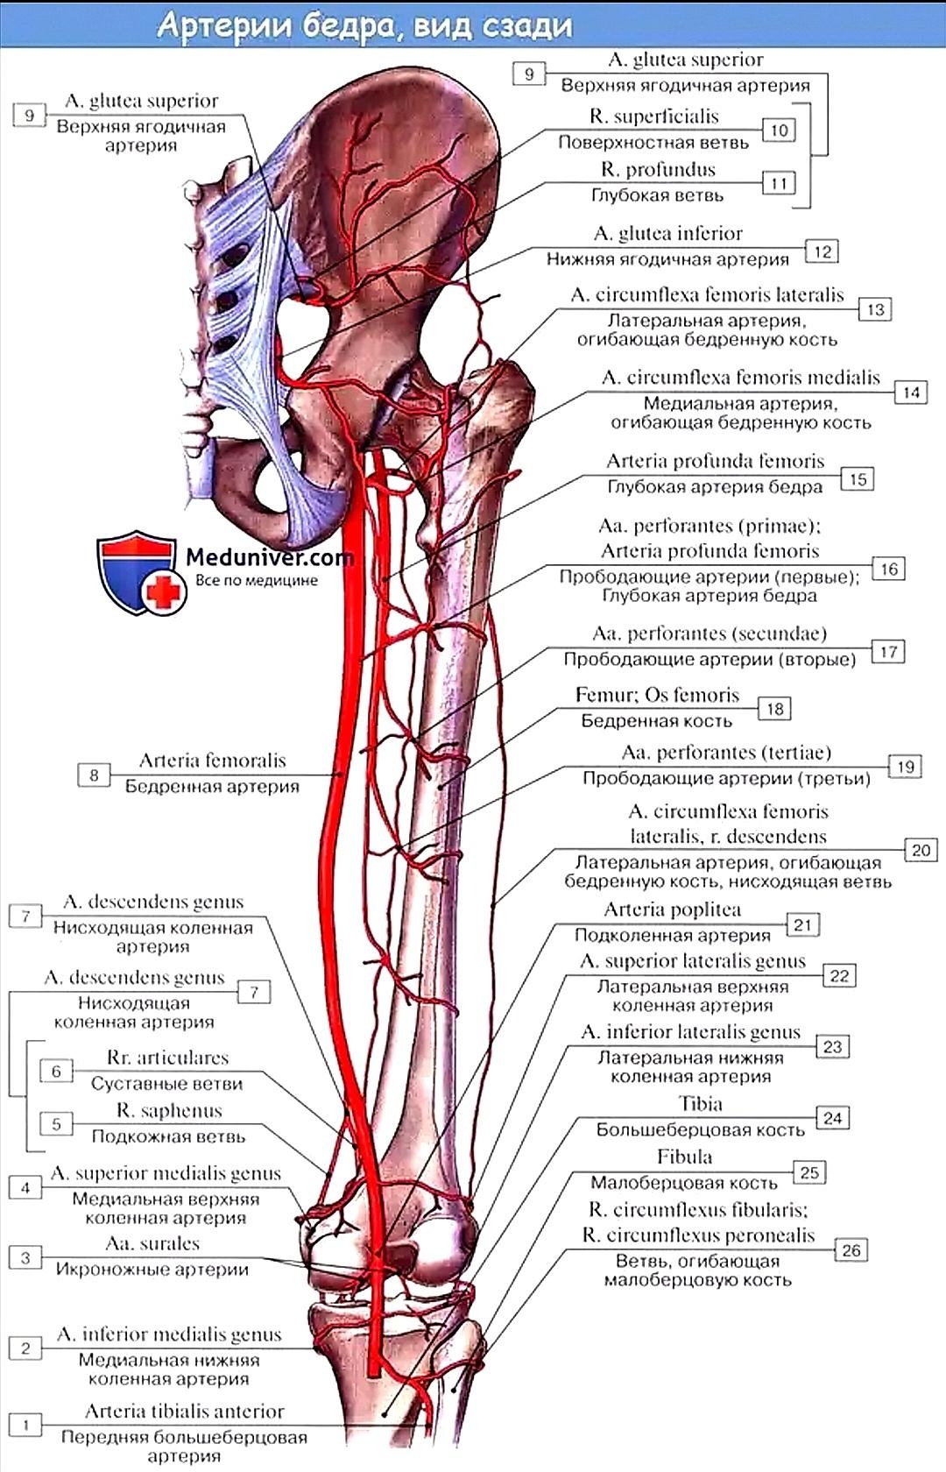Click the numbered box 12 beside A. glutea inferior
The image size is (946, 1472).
pos(822,251)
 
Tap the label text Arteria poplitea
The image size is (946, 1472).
pos(672,909)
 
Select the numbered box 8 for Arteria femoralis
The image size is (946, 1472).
pos(94,775)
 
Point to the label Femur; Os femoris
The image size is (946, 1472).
pos(657,695)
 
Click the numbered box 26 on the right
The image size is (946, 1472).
pos(851,1249)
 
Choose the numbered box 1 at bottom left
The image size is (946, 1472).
pos(26,1425)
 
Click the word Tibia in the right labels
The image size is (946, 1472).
pos(700,1104)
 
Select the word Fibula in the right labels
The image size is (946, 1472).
pos(684,1157)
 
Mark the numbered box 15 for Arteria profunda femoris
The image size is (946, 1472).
pos(858,479)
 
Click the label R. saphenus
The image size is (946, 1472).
pos(169,1110)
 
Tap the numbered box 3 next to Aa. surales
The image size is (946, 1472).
pos(25,1257)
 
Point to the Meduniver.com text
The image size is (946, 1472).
pos(270,556)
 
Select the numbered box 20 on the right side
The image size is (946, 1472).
pos(921,850)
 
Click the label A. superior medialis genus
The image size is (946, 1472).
pos(166,1173)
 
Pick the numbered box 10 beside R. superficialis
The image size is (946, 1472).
pos(780,130)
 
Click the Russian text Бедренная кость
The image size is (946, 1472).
pos(656,721)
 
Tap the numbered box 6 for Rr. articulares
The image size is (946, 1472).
pos(56,1071)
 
